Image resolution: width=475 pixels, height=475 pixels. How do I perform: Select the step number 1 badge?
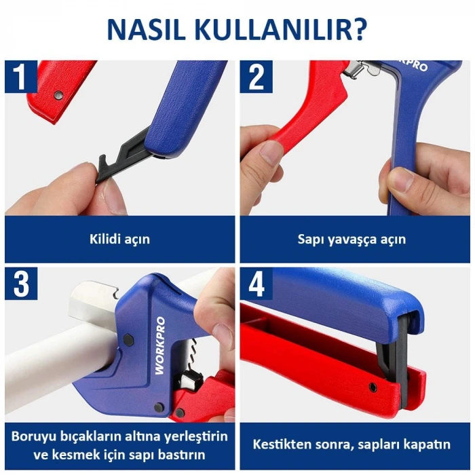tap(20, 77)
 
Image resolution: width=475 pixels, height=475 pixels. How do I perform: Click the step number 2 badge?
tap(256, 77)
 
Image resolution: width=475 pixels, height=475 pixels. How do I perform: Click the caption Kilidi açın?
tap(119, 239)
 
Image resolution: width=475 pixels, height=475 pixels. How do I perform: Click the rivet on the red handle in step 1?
tap(58, 96)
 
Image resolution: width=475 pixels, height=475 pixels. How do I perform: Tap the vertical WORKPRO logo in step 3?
tap(161, 346)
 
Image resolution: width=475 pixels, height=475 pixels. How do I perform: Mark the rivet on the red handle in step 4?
tap(372, 387)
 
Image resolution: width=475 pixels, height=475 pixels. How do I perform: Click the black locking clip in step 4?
tap(393, 360)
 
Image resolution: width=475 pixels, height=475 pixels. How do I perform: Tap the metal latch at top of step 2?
tap(358, 67)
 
